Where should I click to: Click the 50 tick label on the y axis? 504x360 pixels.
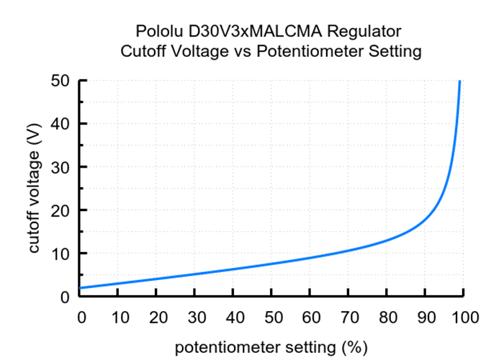pyautogui.click(x=61, y=81)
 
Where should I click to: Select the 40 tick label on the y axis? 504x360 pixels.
pyautogui.click(x=61, y=124)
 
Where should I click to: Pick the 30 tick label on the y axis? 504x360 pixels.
pyautogui.click(x=61, y=167)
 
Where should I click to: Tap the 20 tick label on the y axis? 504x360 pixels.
pyautogui.click(x=61, y=210)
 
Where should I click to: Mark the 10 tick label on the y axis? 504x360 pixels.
pyautogui.click(x=61, y=253)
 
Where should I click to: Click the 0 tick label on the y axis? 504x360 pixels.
pyautogui.click(x=65, y=296)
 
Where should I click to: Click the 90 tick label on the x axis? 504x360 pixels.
pyautogui.click(x=425, y=316)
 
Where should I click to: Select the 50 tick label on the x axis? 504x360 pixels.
pyautogui.click(x=272, y=316)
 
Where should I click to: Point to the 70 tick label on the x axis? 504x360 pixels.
pyautogui.click(x=348, y=316)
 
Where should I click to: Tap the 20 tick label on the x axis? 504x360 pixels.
pyautogui.click(x=158, y=316)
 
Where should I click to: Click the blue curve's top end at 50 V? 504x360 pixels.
pyautogui.click(x=459, y=81)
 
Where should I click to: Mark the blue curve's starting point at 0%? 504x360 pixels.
pyautogui.click(x=81, y=288)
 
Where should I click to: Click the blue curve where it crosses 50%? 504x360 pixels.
pyautogui.click(x=272, y=264)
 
